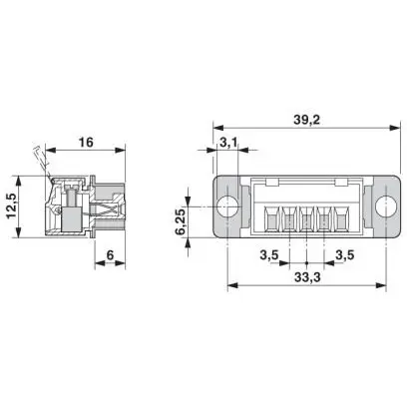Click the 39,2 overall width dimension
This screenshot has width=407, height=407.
(x=306, y=120)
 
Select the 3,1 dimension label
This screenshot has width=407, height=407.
(x=228, y=143)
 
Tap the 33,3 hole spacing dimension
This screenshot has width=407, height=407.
(x=307, y=277)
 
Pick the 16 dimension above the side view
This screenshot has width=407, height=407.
(x=86, y=143)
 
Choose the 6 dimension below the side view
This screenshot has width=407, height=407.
(x=110, y=255)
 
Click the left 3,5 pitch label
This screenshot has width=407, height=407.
(x=269, y=255)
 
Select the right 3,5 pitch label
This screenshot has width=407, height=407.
(x=345, y=255)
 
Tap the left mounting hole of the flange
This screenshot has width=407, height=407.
(x=227, y=206)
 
